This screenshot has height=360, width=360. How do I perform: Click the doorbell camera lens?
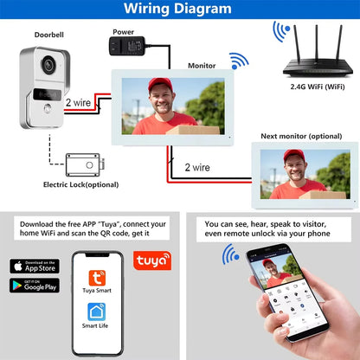(49, 64)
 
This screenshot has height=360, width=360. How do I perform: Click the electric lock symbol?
(84, 164)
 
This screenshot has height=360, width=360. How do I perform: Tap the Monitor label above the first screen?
(202, 65)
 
